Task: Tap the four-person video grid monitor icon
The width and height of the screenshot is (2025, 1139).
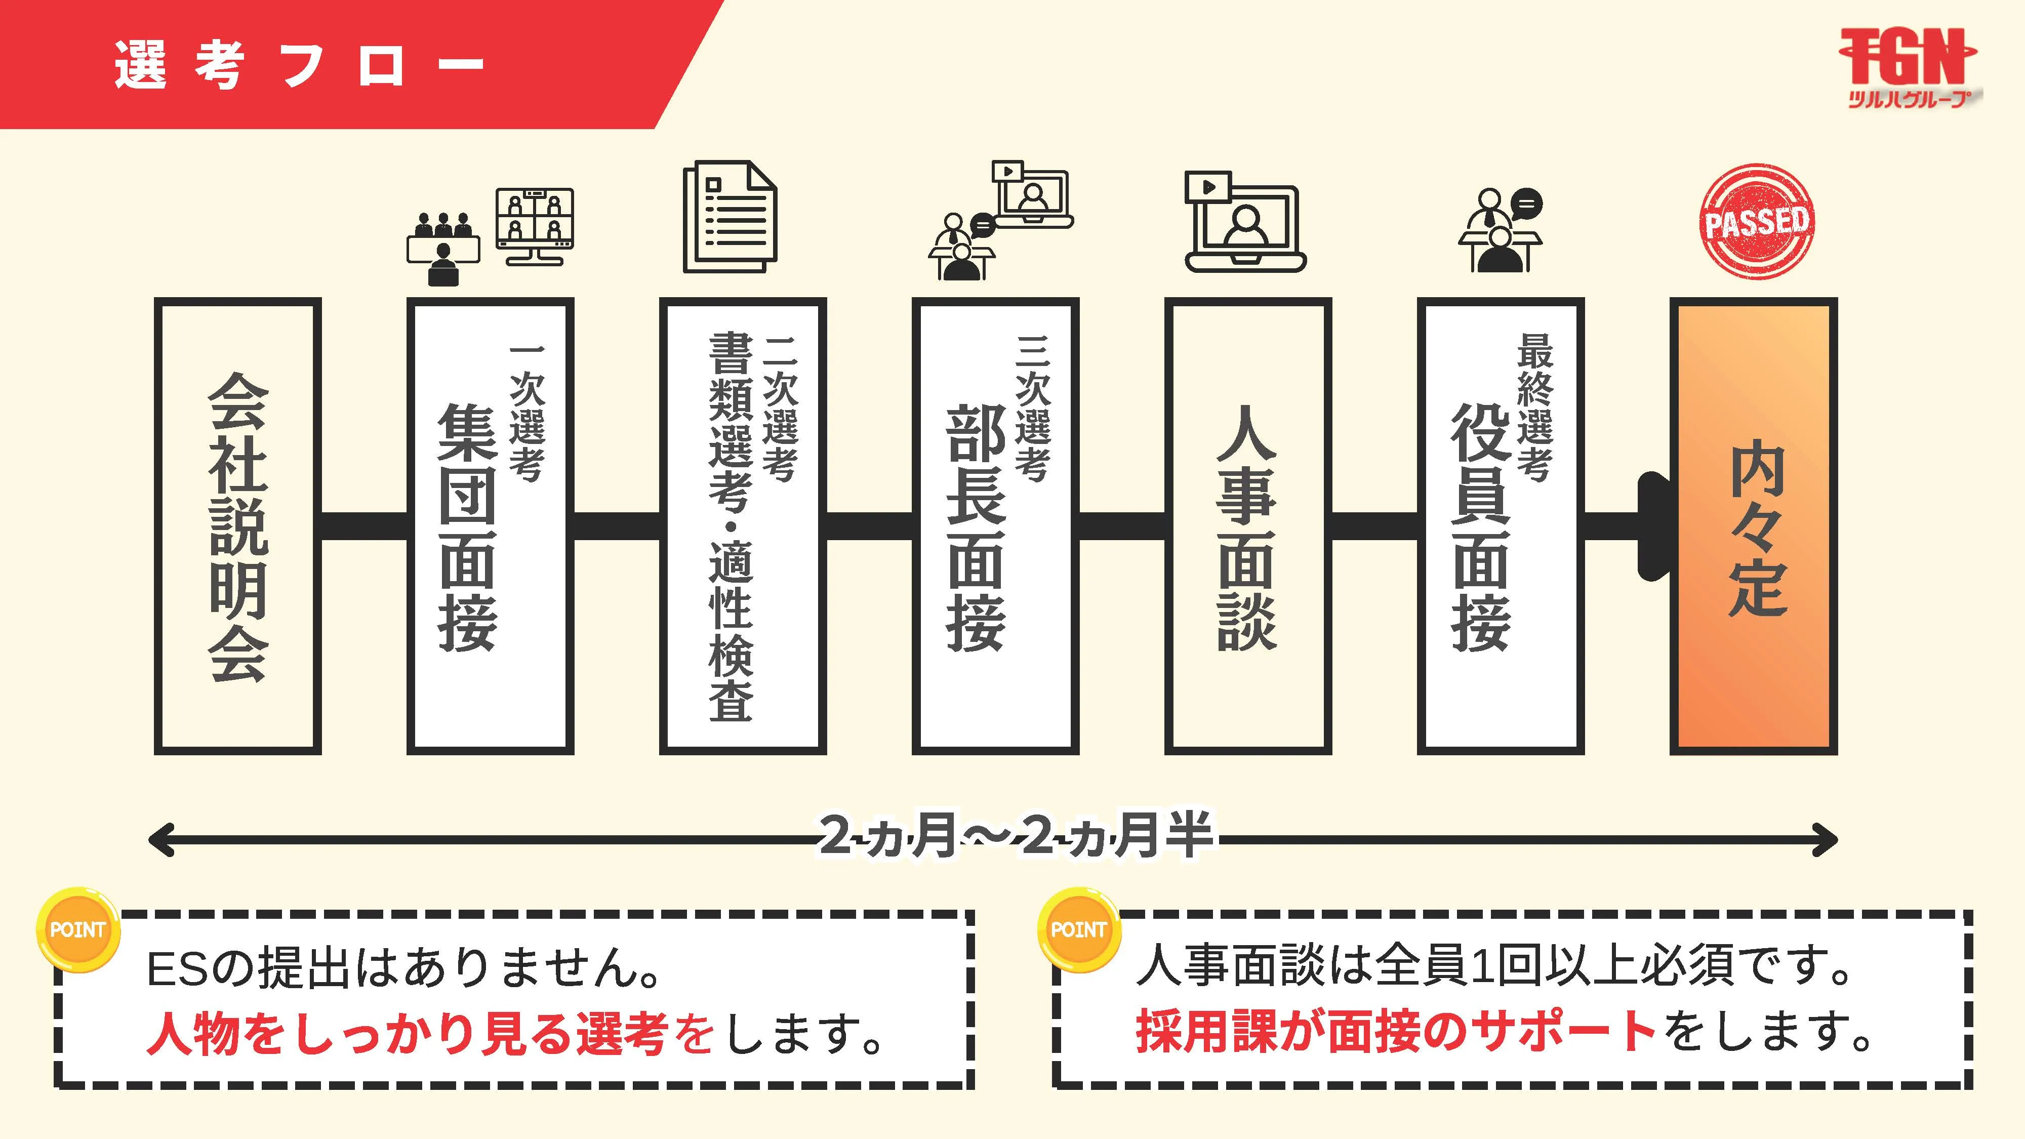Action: [x=535, y=226]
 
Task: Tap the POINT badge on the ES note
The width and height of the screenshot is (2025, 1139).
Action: [x=77, y=930]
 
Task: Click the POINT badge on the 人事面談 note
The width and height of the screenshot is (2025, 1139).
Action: [x=1078, y=930]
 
